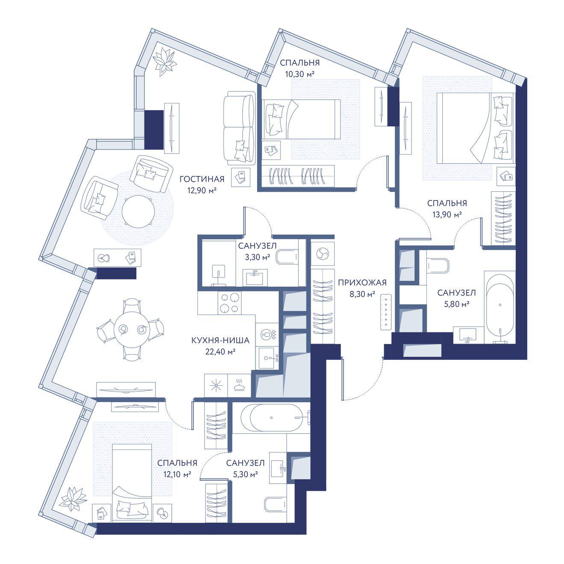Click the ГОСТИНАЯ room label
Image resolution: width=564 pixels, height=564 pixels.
[202, 179]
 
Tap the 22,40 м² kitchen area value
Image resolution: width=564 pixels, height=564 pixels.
[220, 352]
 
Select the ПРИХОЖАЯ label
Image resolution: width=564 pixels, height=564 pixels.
[362, 282]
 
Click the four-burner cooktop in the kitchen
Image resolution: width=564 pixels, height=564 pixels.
[229, 303]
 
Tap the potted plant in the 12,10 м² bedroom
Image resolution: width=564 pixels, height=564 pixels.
[73, 499]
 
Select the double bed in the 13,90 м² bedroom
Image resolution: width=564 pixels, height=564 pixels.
[476, 128]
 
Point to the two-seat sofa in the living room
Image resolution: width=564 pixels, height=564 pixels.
[238, 127]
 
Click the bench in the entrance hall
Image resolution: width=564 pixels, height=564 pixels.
[386, 312]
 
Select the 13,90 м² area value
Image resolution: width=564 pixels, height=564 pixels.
[447, 214]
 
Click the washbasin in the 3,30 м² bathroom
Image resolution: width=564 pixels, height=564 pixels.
[255, 277]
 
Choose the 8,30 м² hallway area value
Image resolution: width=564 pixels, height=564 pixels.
[362, 294]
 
